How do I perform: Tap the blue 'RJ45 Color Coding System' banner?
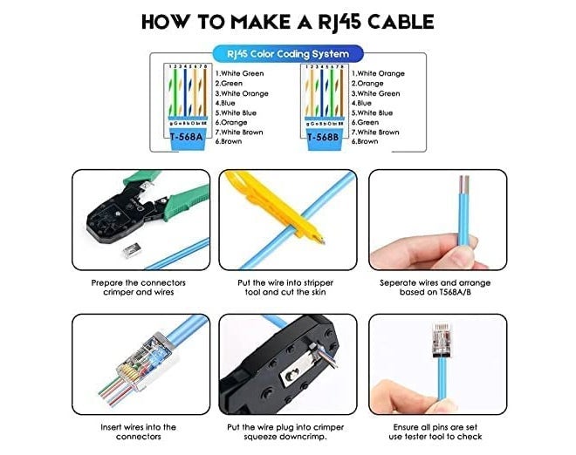[x=287, y=54]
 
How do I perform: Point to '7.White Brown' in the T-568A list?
[x=241, y=132]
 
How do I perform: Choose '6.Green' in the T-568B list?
[x=367, y=122]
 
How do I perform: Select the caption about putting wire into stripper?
[x=287, y=287]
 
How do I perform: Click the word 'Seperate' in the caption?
[x=400, y=282]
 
